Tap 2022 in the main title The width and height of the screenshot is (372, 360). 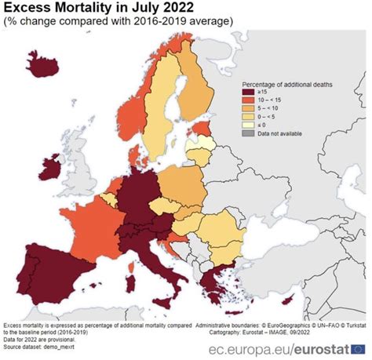pyautogui.click(x=175, y=8)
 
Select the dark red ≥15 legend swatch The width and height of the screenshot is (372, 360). pyautogui.click(x=246, y=93)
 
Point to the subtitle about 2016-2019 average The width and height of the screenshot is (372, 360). pyautogui.click(x=118, y=21)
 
